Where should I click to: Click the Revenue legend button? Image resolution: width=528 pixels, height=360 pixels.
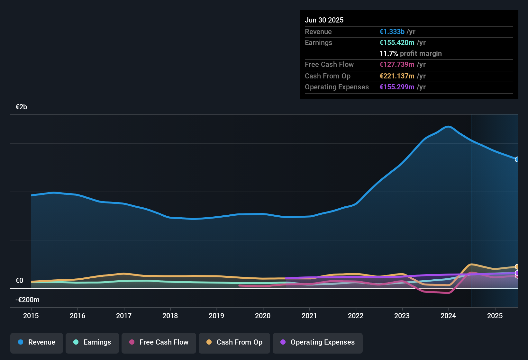37,342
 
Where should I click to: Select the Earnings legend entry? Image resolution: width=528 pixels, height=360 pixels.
92,342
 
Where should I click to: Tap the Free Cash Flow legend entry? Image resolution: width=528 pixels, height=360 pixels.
159,342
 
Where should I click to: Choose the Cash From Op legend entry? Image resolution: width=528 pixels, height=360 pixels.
234,342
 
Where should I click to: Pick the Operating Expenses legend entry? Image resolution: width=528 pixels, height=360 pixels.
318,342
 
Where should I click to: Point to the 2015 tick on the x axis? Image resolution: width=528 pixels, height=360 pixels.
31,316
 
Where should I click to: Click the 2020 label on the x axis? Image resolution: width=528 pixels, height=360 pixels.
263,316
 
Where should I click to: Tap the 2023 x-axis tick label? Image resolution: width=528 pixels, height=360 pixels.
402,316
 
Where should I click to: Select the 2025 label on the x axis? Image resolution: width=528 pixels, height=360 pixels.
495,316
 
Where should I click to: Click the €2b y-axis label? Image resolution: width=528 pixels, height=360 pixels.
21,107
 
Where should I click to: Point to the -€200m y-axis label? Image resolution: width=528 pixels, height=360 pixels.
27,300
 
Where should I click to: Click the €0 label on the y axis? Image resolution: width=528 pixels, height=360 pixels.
19,281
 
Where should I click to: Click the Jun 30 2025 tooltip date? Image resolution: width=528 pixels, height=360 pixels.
324,20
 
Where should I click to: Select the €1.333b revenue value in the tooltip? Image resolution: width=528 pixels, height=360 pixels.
392,32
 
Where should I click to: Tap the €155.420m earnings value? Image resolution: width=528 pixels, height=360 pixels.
397,42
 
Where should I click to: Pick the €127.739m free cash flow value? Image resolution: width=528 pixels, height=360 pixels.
397,64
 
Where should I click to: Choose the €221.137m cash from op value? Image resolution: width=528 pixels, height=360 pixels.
397,76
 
